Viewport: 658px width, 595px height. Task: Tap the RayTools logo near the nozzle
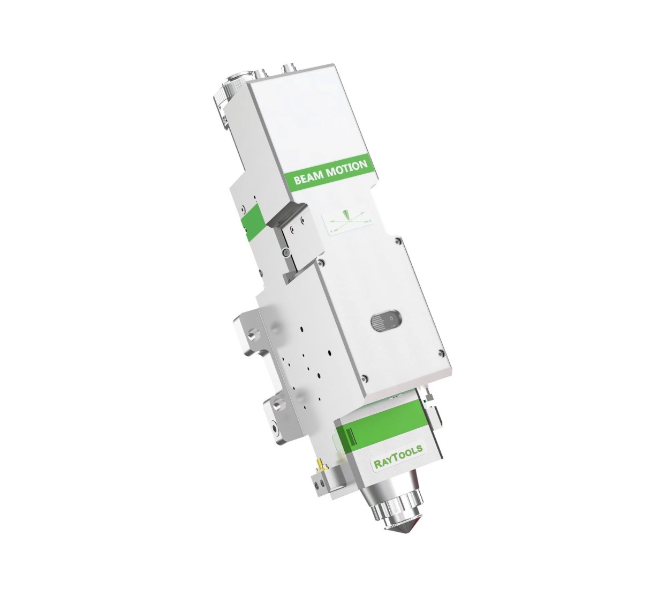pyautogui.click(x=398, y=457)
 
